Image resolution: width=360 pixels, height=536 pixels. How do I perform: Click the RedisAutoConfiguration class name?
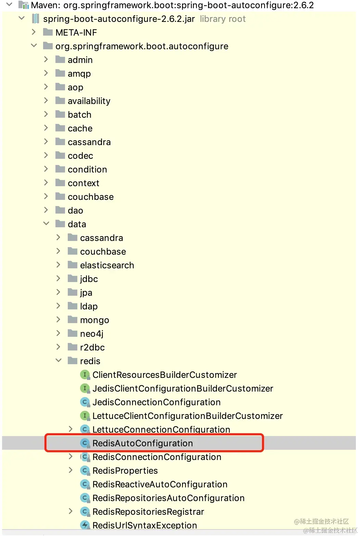tap(142, 443)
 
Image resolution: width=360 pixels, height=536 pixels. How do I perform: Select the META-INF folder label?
tap(76, 33)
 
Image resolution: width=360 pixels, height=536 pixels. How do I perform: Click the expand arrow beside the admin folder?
tap(46, 60)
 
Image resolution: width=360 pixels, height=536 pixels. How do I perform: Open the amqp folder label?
tap(79, 74)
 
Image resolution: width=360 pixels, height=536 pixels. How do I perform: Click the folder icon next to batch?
tap(60, 114)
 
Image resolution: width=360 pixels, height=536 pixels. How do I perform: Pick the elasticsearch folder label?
tap(107, 265)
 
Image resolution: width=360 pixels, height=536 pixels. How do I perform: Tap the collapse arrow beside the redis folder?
tap(59, 361)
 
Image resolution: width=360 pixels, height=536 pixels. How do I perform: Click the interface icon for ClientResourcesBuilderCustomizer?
tap(85, 375)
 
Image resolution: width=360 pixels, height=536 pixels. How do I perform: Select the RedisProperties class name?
tap(125, 471)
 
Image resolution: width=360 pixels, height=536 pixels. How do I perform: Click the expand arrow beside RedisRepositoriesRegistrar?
tap(70, 511)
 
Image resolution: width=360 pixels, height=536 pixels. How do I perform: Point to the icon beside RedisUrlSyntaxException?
tap(85, 525)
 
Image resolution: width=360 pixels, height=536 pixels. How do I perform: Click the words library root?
tap(223, 19)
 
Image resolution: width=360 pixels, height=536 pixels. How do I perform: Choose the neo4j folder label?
tap(91, 334)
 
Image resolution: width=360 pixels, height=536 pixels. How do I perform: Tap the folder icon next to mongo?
tap(73, 320)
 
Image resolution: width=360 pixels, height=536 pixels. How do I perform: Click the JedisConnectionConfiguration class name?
tap(156, 402)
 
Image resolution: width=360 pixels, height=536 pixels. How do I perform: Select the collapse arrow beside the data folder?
tap(46, 224)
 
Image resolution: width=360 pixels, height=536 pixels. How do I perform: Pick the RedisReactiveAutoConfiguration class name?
tap(160, 484)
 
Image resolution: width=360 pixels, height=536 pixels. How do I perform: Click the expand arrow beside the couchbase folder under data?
tap(59, 251)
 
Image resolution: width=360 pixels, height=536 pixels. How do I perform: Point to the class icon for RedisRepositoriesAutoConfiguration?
tap(85, 498)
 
